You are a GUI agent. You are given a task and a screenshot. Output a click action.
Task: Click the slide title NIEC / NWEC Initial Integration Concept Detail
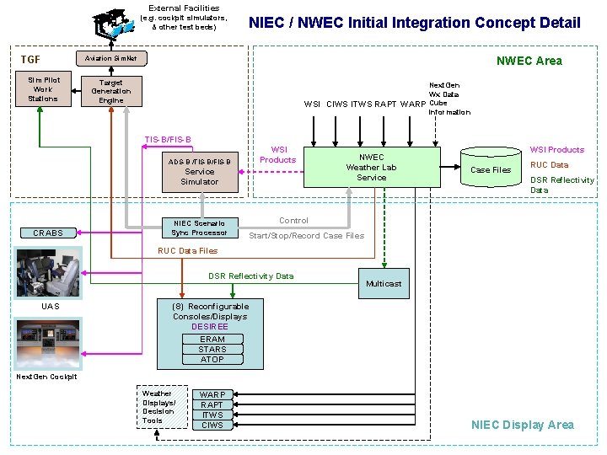(x=414, y=23)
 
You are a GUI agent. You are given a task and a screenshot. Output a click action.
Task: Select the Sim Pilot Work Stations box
(x=43, y=89)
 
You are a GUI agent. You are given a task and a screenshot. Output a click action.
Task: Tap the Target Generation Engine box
(x=111, y=91)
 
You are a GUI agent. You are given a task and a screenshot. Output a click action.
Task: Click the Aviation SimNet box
(x=111, y=58)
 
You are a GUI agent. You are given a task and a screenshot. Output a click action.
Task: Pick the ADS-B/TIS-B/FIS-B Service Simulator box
(x=199, y=171)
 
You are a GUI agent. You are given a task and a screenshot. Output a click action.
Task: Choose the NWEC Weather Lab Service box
(x=371, y=167)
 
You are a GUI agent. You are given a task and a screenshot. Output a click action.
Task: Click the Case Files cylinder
(x=491, y=169)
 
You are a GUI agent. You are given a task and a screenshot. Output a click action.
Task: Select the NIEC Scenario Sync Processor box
(x=199, y=227)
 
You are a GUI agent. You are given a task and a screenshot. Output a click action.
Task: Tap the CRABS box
(x=48, y=233)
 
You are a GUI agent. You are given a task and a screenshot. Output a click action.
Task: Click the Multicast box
(x=384, y=284)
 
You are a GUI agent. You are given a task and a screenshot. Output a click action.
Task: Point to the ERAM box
(x=212, y=339)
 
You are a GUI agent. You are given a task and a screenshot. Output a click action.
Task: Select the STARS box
(x=212, y=349)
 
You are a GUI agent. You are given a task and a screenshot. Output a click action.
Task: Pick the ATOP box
(x=212, y=359)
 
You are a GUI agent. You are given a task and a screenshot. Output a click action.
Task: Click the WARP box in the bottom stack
(x=212, y=394)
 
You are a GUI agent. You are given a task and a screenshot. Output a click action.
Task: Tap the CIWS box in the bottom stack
(x=212, y=425)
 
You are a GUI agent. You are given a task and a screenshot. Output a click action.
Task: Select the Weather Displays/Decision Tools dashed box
(x=162, y=407)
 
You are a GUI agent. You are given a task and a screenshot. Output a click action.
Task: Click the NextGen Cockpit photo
(x=47, y=344)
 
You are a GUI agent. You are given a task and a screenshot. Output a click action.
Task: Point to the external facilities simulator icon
(x=112, y=23)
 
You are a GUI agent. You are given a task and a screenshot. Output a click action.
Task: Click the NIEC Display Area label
(x=522, y=425)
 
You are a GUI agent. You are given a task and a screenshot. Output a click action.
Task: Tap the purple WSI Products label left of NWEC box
(x=278, y=154)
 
